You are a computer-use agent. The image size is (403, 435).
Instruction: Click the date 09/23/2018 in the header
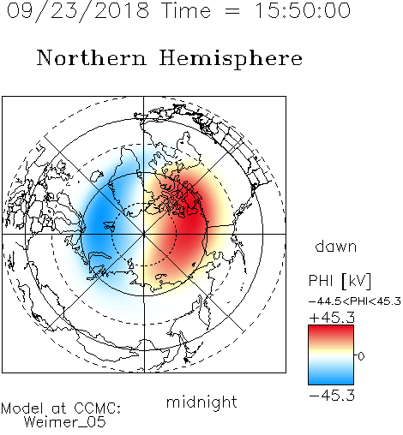pyautogui.click(x=78, y=11)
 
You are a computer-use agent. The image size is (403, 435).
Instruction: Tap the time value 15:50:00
pyautogui.click(x=302, y=10)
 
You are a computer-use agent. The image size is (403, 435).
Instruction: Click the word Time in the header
pyautogui.click(x=186, y=10)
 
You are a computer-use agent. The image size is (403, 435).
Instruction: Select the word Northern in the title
pyautogui.click(x=92, y=57)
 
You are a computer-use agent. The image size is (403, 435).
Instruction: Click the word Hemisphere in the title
pyautogui.click(x=231, y=59)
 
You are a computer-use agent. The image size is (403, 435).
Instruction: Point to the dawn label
pyautogui.click(x=336, y=246)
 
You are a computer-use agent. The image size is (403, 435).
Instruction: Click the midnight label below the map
pyautogui.click(x=201, y=402)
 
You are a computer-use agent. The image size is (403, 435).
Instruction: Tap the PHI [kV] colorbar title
pyautogui.click(x=340, y=281)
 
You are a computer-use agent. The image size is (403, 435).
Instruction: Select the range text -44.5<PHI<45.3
pyautogui.click(x=355, y=301)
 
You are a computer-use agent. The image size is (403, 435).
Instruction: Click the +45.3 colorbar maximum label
pyautogui.click(x=332, y=318)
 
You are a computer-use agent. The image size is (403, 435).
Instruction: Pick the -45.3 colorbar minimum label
pyautogui.click(x=332, y=395)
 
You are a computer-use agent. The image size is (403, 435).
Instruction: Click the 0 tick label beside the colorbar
pyautogui.click(x=361, y=356)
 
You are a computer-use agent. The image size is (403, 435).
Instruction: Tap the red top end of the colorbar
pyautogui.click(x=331, y=328)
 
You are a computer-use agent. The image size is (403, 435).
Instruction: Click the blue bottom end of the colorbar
pyautogui.click(x=331, y=381)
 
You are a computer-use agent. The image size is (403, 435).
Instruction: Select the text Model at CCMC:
pyautogui.click(x=61, y=408)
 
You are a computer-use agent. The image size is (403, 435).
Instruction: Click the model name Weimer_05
pyautogui.click(x=65, y=422)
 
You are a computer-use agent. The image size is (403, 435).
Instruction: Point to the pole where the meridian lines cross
pyautogui.click(x=144, y=234)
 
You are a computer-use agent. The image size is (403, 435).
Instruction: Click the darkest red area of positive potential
pyautogui.click(x=191, y=217)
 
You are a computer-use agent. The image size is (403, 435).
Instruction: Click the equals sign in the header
pyautogui.click(x=232, y=11)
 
